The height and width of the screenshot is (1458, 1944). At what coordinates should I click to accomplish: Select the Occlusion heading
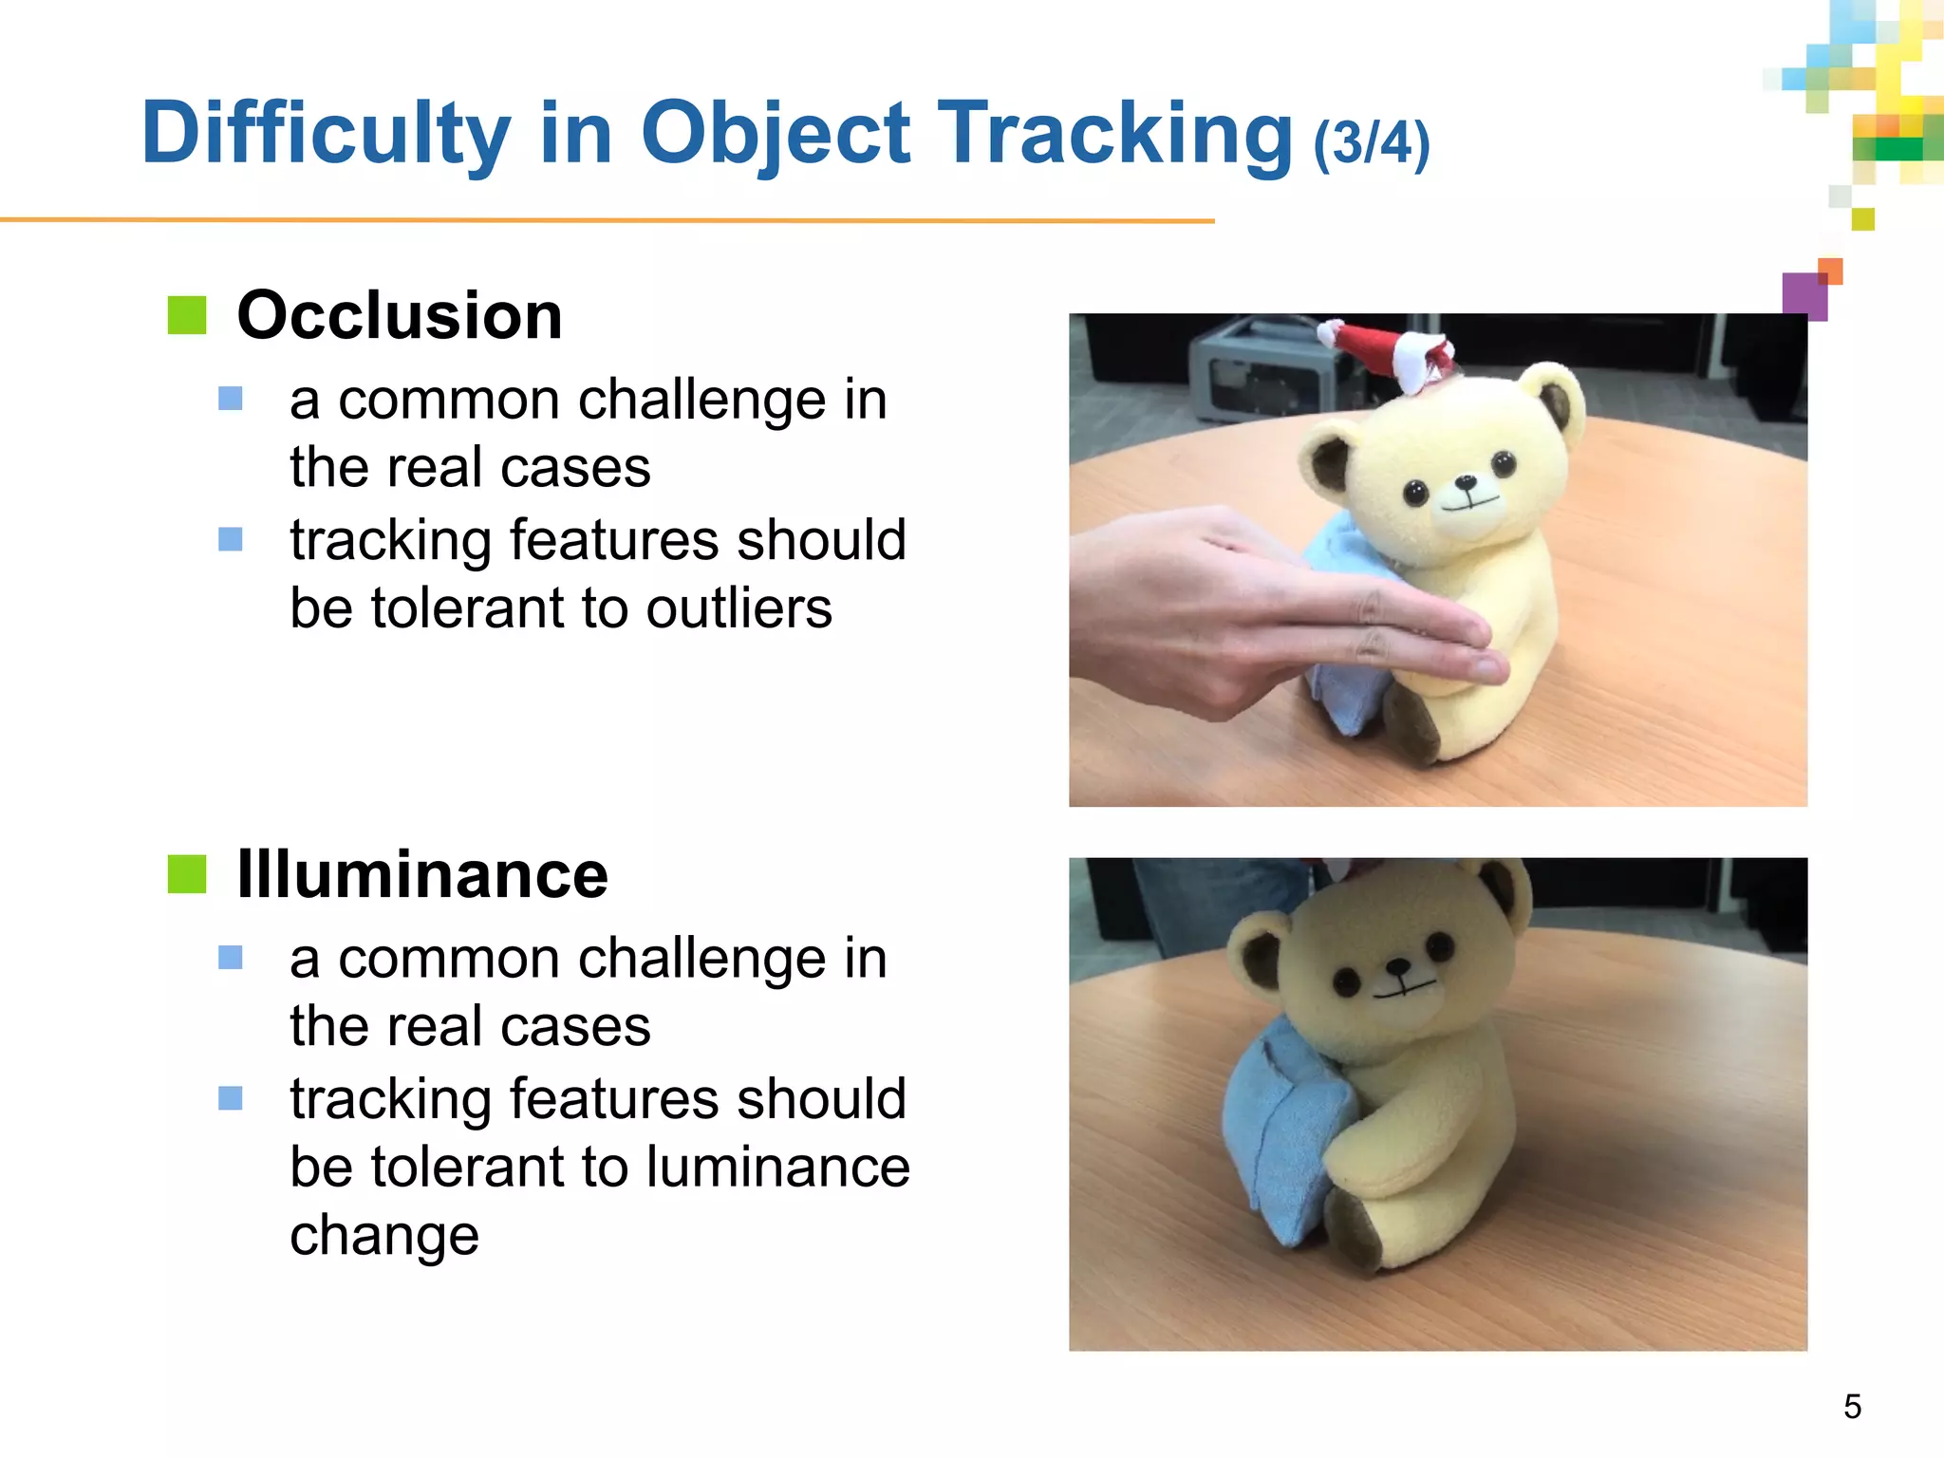tap(400, 315)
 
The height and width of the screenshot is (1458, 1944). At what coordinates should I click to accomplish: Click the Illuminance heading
tap(422, 874)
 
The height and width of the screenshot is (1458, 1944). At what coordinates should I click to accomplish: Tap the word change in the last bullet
tap(384, 1235)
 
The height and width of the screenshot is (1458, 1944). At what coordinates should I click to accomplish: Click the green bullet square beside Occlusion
tap(187, 315)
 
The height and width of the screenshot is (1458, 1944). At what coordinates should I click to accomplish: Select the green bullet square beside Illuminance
tap(187, 874)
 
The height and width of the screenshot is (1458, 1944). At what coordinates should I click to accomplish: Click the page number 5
tap(1852, 1406)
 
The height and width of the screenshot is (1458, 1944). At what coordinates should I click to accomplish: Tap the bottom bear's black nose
tap(1398, 967)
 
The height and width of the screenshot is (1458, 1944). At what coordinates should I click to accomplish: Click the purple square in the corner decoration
tap(1804, 296)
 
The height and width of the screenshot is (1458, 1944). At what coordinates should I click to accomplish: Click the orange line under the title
tap(607, 220)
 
